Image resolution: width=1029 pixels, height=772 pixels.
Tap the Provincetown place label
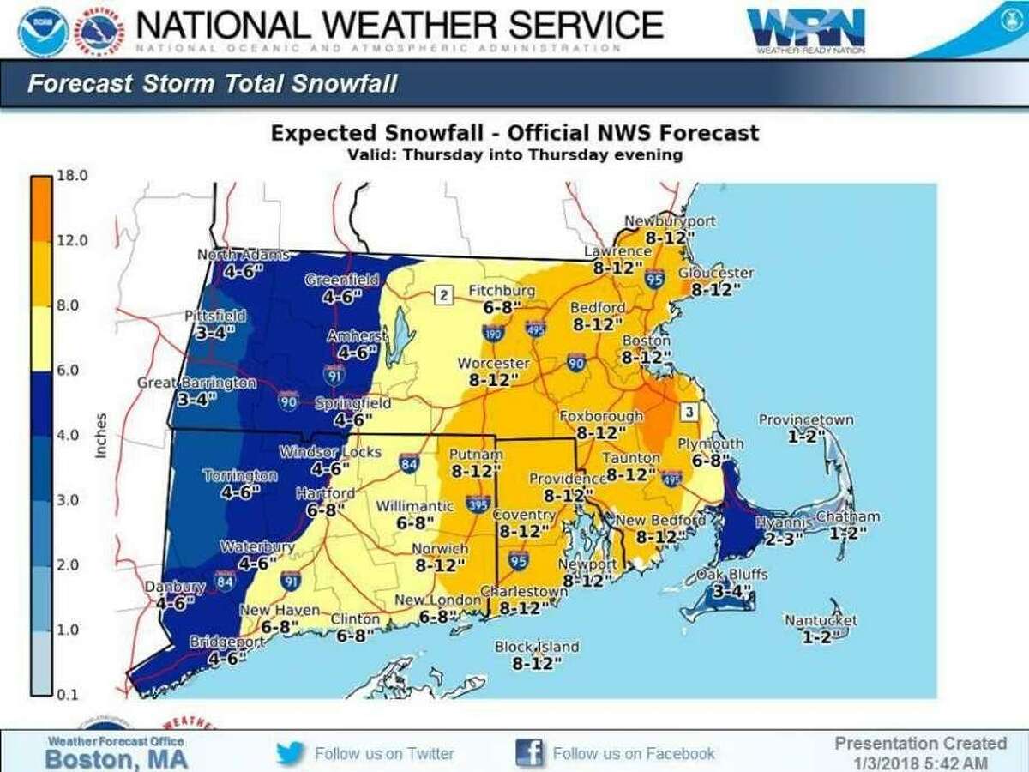805,419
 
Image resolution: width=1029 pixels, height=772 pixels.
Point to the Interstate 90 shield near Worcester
575,366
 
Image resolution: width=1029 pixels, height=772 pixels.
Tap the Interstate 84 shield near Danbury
225,582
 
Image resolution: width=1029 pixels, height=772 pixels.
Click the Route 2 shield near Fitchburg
443,297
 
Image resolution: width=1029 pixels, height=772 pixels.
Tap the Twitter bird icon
291,753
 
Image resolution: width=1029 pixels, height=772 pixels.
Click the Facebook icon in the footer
529,753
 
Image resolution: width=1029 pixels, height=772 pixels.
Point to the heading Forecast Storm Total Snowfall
212,84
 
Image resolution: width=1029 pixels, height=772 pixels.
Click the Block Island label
537,647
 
